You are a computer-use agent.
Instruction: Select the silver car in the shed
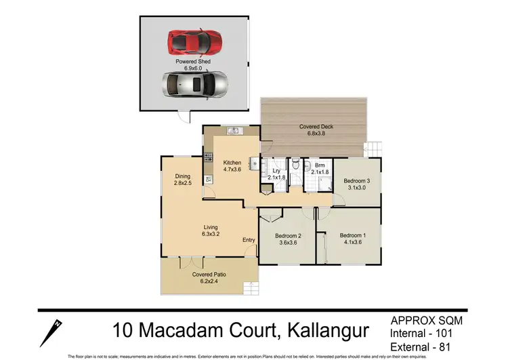pos(194,85)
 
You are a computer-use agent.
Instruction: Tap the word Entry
pos(249,240)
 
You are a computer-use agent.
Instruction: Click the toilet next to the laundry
pos(297,165)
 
